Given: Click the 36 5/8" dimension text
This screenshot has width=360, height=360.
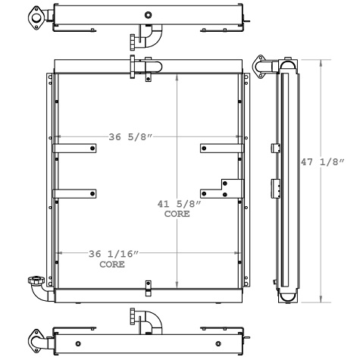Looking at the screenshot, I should [132, 136].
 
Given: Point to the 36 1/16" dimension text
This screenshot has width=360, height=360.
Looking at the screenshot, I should [114, 255].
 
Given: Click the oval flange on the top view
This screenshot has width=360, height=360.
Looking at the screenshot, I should [36, 16].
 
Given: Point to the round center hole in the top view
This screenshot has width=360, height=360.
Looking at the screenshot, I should [148, 15].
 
